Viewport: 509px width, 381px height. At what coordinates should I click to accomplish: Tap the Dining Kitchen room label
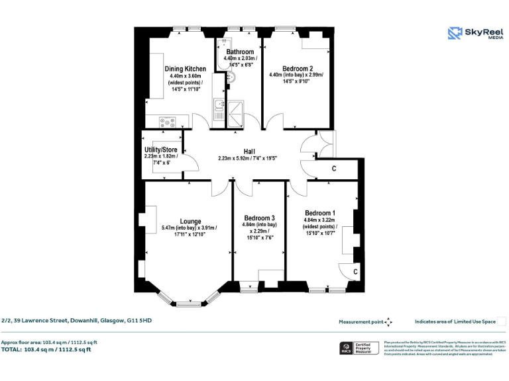185,69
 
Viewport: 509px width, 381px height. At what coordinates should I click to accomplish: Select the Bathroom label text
239,52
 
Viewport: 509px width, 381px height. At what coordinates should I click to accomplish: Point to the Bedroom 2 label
298,68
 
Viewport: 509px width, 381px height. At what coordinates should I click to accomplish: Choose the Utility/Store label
161,149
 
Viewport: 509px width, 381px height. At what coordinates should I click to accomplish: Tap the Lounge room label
190,222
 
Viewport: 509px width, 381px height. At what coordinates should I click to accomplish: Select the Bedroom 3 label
259,218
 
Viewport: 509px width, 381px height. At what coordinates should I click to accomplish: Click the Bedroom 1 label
320,212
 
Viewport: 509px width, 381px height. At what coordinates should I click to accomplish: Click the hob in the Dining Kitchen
168,121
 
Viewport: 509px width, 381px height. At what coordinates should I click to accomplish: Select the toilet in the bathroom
229,79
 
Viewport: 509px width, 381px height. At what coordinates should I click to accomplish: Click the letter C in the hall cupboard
334,169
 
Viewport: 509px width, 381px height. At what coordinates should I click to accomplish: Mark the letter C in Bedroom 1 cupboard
355,271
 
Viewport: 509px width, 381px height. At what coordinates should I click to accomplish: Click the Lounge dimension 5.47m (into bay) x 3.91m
189,229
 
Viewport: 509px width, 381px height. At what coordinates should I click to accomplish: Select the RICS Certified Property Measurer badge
356,347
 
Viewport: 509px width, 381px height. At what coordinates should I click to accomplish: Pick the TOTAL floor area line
46,349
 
